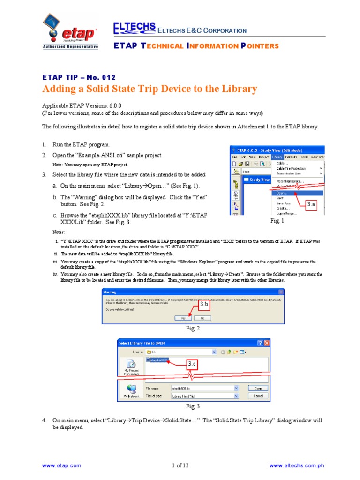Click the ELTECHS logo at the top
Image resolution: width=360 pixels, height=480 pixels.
pyautogui.click(x=134, y=29)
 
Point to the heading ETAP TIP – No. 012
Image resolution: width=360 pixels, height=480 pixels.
pyautogui.click(x=79, y=77)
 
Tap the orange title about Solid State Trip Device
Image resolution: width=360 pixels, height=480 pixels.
pyautogui.click(x=150, y=89)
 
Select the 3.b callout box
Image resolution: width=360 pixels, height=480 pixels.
pyautogui.click(x=204, y=305)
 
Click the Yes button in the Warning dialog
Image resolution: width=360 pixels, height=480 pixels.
pyautogui.click(x=180, y=318)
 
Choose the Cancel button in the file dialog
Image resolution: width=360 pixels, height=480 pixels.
pyautogui.click(x=258, y=396)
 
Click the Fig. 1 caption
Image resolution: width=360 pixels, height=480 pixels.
pyautogui.click(x=277, y=220)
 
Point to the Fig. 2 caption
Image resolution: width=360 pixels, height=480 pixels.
pyautogui.click(x=193, y=329)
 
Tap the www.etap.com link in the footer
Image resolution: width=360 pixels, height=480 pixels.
pyautogui.click(x=61, y=465)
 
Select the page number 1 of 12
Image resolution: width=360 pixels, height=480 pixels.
pyautogui.click(x=180, y=465)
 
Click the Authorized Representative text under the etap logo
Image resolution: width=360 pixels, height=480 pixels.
pyautogui.click(x=71, y=47)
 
